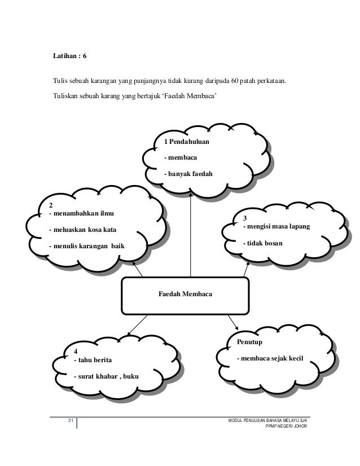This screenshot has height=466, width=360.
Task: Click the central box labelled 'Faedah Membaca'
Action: click(x=186, y=294)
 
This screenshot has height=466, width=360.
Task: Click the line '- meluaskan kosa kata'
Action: click(x=83, y=230)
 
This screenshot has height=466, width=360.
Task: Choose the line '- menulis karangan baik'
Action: click(x=87, y=246)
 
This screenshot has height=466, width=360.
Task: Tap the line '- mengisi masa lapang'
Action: click(x=276, y=227)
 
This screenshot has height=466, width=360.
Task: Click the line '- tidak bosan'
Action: click(x=263, y=243)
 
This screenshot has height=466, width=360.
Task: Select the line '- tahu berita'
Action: click(x=94, y=360)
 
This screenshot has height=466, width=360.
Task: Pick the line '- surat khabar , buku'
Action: click(x=106, y=376)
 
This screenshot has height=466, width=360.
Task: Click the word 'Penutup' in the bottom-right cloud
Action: click(x=249, y=342)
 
